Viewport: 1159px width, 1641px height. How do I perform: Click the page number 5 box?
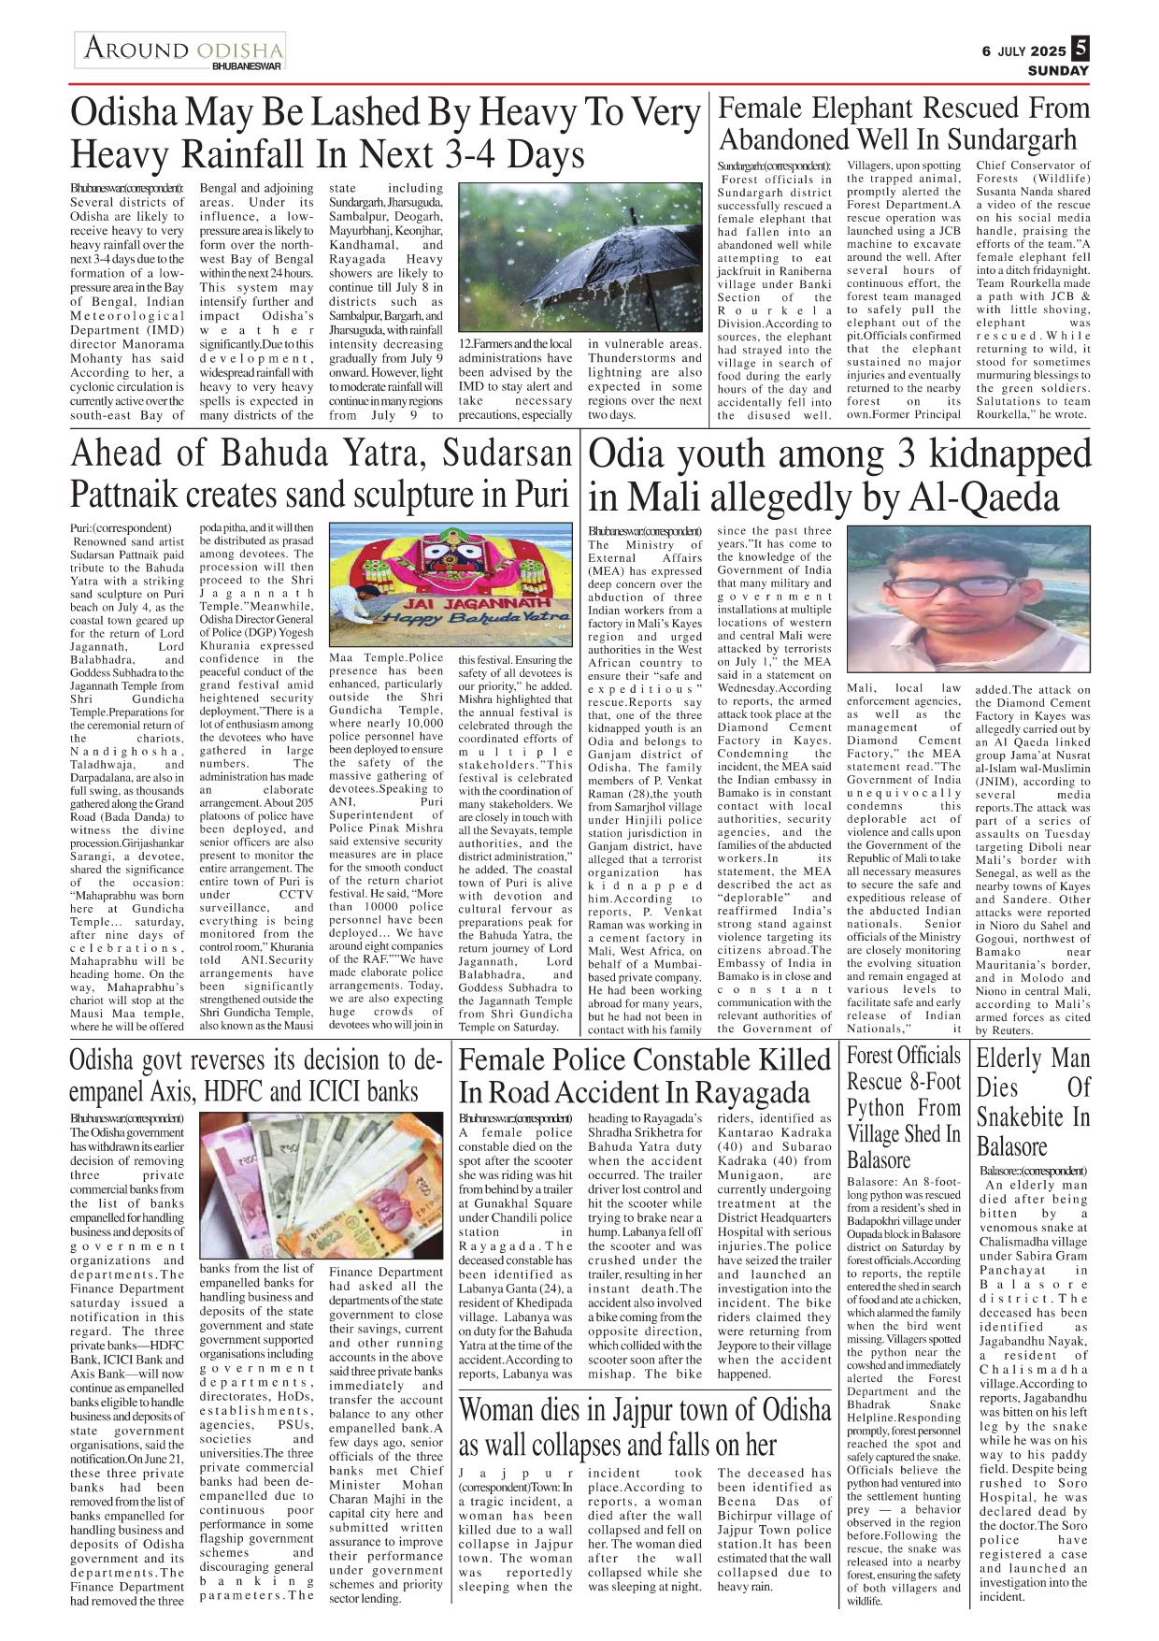coord(1080,47)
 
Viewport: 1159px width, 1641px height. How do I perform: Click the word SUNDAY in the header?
coord(1058,70)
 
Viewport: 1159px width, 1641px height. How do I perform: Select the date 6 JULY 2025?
coord(1023,50)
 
